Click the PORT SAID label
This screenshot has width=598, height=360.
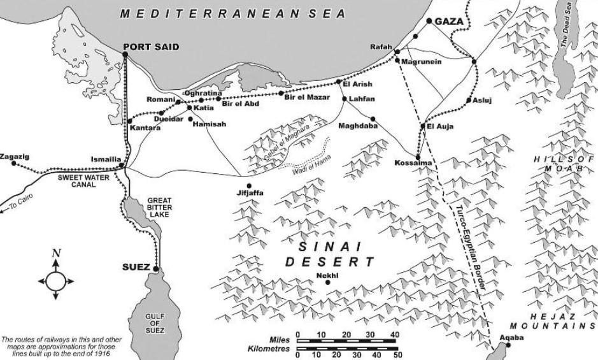tap(152, 47)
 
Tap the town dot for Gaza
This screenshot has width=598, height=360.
tap(429, 21)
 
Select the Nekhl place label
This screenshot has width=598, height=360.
tap(325, 275)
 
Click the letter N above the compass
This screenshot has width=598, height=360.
tap(56, 254)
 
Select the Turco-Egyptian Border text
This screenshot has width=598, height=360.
tap(471, 248)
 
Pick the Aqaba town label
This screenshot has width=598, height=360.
tap(511, 336)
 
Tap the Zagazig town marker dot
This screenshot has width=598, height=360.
tap(8, 163)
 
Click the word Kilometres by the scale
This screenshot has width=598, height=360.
tap(269, 349)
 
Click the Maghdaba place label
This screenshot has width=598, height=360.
tap(358, 126)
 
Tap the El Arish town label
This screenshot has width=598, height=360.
tap(357, 83)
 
